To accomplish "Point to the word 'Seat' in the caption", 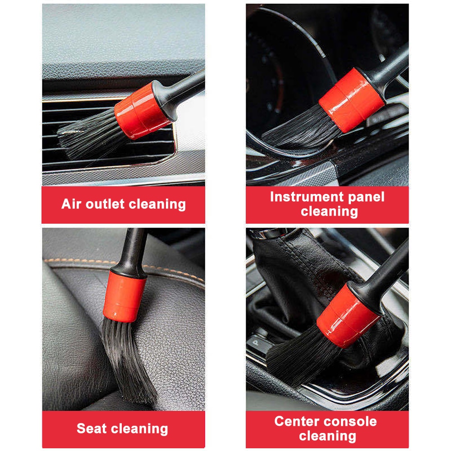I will (x=92, y=428).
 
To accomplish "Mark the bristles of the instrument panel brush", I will (x=298, y=131).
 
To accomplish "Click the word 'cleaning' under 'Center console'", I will (x=327, y=436).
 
